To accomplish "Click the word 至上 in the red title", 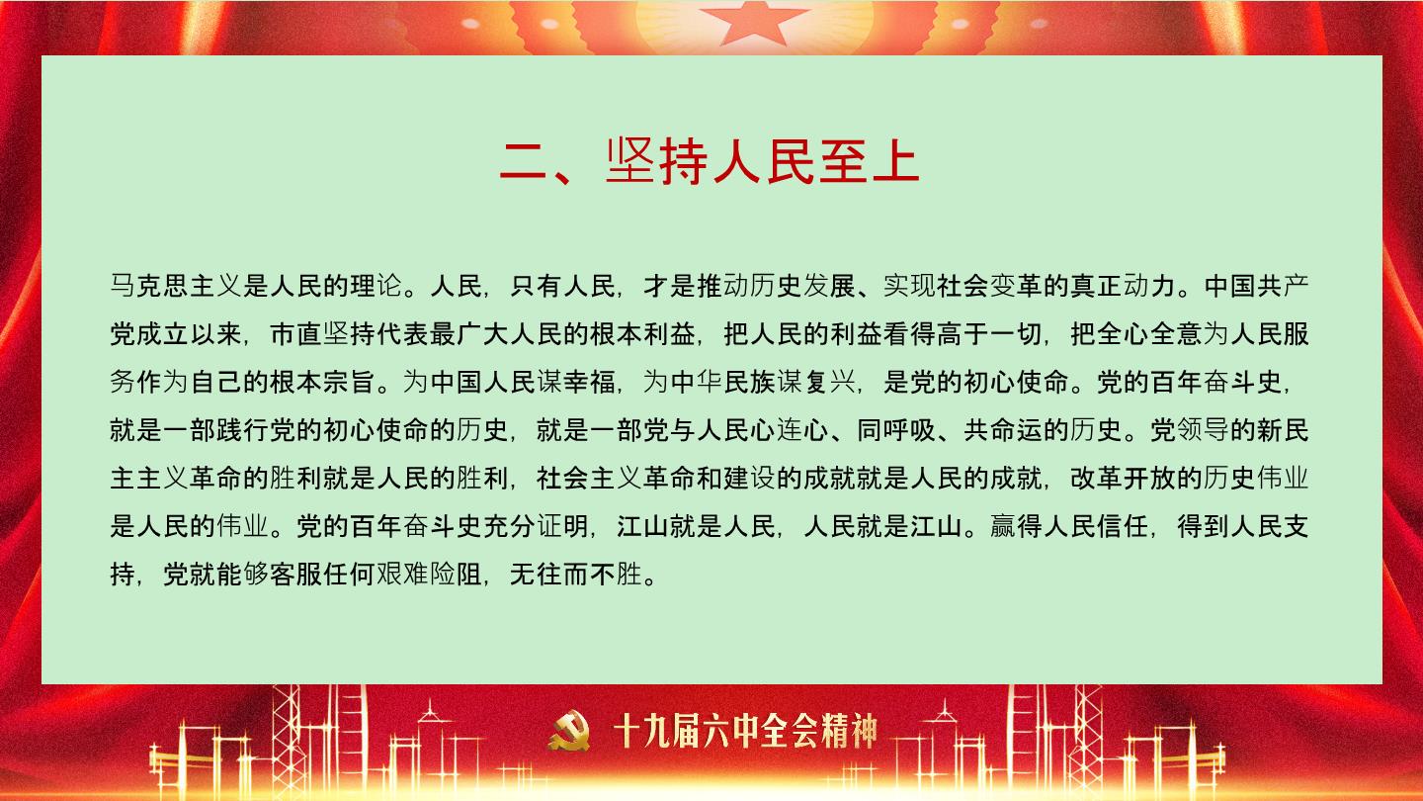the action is (869, 162).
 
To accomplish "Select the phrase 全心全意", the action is (1150, 334).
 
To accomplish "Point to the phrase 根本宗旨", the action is (323, 382).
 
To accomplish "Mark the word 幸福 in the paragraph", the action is (590, 382).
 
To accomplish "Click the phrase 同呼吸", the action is (896, 430).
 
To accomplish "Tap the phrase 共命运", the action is (1003, 430).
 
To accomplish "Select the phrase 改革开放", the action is (1124, 479).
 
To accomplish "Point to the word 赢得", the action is (1017, 526).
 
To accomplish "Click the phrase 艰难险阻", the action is (430, 575).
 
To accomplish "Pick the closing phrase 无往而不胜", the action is (576, 575).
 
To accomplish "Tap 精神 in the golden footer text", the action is (850, 731).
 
